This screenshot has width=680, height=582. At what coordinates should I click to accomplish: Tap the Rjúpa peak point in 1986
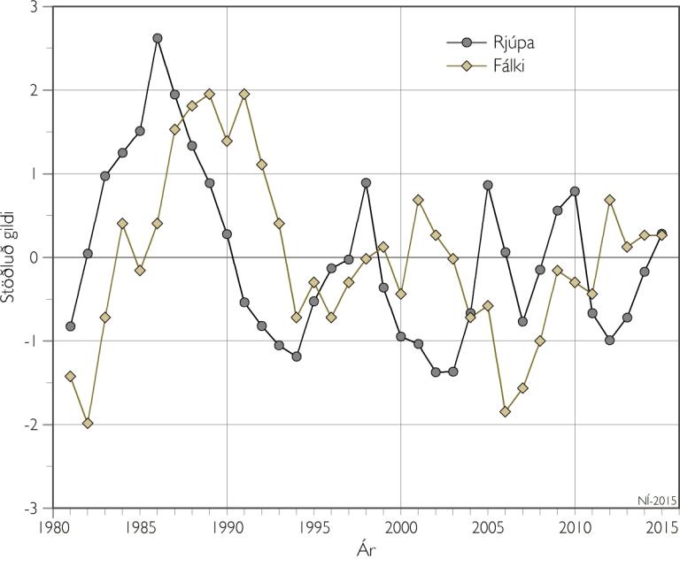pos(158,38)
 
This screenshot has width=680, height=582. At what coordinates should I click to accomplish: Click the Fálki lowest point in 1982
pos(88,423)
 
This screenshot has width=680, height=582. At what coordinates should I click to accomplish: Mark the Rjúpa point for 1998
pos(366,183)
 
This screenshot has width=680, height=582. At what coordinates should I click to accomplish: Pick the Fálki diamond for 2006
pos(506,411)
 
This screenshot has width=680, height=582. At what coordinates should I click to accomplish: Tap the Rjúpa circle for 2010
pos(575,191)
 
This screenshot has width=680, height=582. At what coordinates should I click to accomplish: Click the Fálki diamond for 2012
pos(610,200)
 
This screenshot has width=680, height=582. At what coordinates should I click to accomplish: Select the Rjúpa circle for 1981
pos(71,326)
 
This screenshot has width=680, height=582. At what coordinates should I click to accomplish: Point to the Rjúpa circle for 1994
pos(297,356)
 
